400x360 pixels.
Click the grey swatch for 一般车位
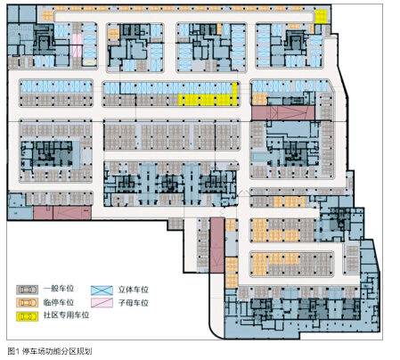coord(28,290)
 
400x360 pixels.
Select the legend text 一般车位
coord(59,289)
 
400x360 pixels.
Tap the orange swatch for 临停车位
coord(28,303)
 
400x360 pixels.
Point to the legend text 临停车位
coord(59,302)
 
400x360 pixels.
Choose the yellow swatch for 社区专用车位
coord(28,316)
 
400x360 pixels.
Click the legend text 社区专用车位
coord(67,315)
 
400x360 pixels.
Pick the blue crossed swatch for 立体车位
coord(102,290)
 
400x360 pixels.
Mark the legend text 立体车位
coord(134,290)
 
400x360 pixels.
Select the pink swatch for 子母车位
coord(102,303)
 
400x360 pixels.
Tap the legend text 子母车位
coord(134,303)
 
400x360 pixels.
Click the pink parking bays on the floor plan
coord(78,45)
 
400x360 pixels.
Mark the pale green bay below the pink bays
coord(89,62)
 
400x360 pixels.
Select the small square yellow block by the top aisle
coord(321,16)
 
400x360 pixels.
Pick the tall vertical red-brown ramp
coord(216,245)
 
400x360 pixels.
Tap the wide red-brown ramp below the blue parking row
coord(282,113)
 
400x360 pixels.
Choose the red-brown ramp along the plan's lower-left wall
coord(62,213)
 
